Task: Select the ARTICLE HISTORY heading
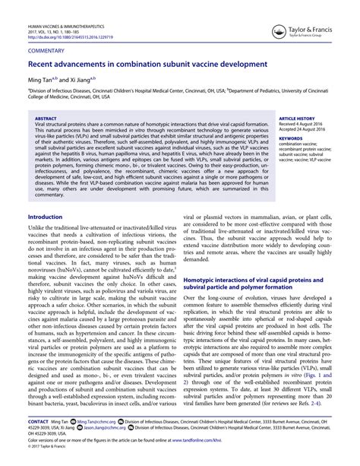coord(298,119)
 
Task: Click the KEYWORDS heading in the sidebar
coord(291,138)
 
